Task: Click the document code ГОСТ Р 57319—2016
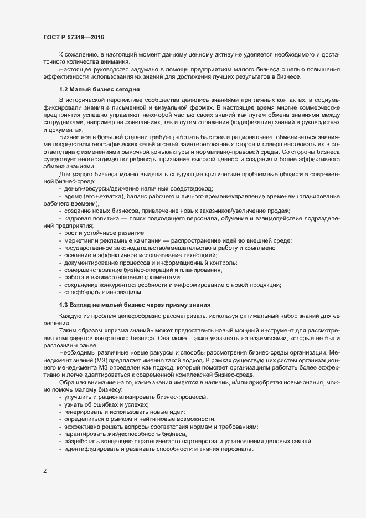tap(74, 37)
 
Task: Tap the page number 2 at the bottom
tap(44, 471)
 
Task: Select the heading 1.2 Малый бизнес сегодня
tap(100, 89)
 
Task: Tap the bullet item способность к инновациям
tap(103, 292)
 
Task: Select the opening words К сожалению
tap(79, 56)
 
